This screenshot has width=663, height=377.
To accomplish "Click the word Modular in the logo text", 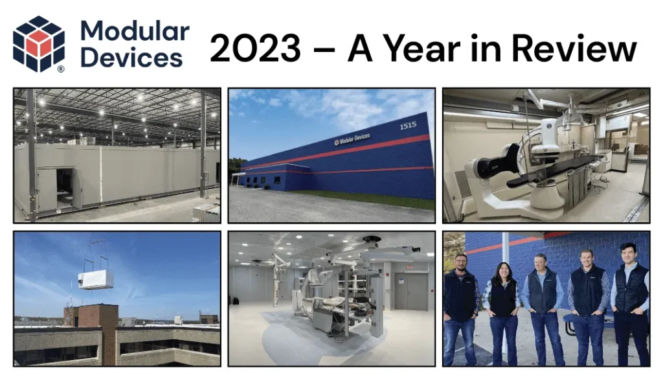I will [x=135, y=30].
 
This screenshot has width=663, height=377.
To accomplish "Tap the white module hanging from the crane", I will [x=95, y=279].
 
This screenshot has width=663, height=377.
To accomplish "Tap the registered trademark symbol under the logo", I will [x=61, y=68].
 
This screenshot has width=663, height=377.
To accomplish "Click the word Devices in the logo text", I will [x=131, y=58].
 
